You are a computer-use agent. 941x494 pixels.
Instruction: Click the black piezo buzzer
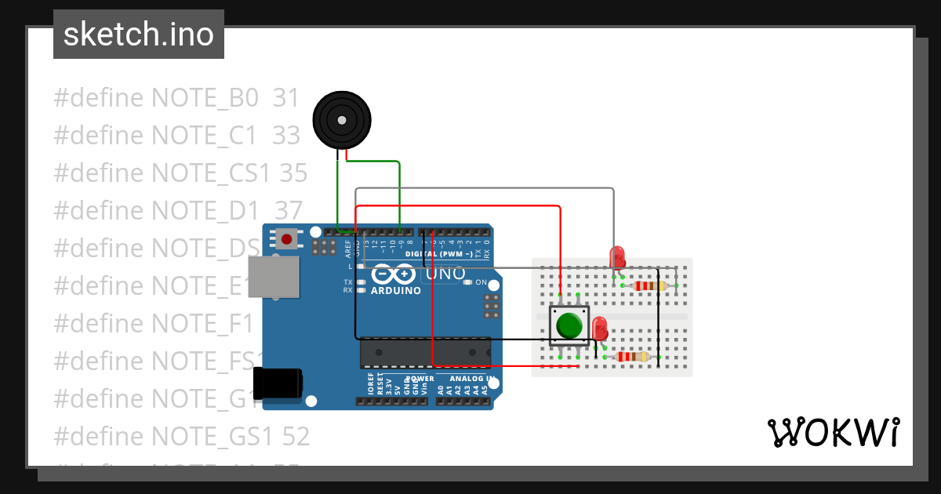point(342,119)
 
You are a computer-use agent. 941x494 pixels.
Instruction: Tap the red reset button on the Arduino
point(287,238)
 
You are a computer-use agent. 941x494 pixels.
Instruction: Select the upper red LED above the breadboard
point(617,256)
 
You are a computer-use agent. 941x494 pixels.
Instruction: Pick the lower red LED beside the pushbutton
point(600,327)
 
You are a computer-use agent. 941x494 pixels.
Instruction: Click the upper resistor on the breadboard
point(649,285)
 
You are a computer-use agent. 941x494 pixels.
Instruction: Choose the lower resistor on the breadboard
point(634,357)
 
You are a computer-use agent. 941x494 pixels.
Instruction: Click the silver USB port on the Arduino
point(274,277)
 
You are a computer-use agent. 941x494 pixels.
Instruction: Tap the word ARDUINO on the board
point(396,291)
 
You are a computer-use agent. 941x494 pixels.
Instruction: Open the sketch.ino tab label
point(139,35)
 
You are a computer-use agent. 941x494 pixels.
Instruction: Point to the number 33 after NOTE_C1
point(286,136)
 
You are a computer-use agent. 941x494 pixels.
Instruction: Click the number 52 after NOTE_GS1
point(296,437)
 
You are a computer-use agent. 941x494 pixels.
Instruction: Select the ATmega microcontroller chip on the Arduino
point(425,353)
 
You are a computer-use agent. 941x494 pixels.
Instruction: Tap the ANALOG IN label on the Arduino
point(470,379)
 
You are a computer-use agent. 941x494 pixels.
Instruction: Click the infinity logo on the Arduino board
point(393,274)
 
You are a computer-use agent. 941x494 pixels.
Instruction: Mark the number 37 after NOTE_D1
point(288,211)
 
